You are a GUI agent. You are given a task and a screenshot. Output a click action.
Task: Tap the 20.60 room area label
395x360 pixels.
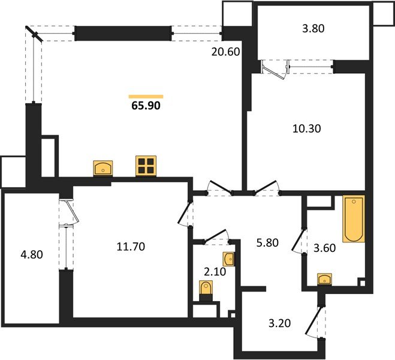[x=225, y=52]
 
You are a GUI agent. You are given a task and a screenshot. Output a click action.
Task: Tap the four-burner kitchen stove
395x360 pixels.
[x=146, y=166]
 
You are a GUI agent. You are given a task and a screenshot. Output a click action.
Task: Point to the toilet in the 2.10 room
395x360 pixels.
[x=207, y=289]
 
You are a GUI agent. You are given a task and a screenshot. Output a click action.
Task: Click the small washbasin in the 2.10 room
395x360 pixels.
[x=229, y=259]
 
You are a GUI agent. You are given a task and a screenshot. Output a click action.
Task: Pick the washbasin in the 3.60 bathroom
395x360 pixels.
[x=325, y=278]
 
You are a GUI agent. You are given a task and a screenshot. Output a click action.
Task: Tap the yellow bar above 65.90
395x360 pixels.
[x=146, y=96]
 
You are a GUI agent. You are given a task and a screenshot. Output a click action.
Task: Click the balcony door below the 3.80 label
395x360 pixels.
[x=276, y=68]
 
